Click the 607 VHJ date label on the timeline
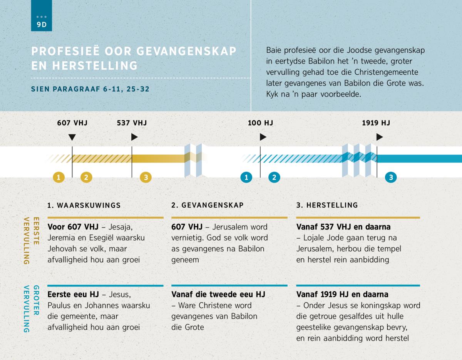point(72,123)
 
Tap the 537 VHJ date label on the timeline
point(132,123)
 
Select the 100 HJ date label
point(260,123)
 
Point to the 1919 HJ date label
point(376,123)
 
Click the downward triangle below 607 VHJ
point(72,137)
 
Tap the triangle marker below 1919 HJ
point(380,137)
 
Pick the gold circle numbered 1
point(59,177)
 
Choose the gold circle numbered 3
point(146,177)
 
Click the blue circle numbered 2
point(274,177)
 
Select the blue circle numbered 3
point(391,177)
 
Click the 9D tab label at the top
point(42,25)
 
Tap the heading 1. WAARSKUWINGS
point(84,206)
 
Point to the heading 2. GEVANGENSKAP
point(208,205)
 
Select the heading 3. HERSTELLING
point(327,205)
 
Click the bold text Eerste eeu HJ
point(73,295)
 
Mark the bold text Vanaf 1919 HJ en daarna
point(342,295)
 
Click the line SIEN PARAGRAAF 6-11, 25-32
point(90,89)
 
